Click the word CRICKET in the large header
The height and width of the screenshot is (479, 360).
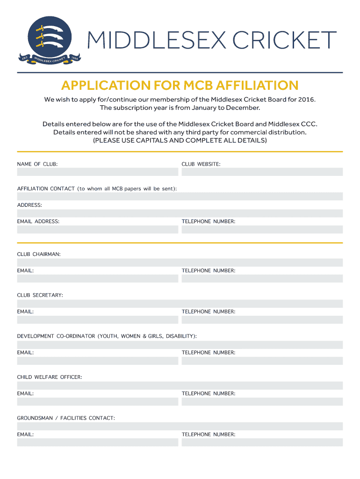click(x=285, y=40)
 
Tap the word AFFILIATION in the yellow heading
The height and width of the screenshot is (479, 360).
click(x=253, y=86)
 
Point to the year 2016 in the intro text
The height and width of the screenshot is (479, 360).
click(x=306, y=100)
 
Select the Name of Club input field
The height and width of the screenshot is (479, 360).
click(x=98, y=172)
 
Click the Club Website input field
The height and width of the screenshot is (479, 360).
click(x=262, y=172)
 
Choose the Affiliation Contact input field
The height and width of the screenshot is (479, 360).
click(x=180, y=197)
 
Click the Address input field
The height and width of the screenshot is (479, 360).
click(x=180, y=213)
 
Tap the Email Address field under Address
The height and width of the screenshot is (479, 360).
click(x=98, y=230)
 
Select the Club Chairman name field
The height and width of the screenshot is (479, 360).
click(x=180, y=262)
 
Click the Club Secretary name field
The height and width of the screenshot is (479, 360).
click(x=180, y=304)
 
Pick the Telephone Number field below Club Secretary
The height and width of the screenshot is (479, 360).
click(x=262, y=320)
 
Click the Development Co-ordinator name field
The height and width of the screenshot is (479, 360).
click(x=180, y=345)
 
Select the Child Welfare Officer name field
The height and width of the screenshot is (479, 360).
click(x=180, y=385)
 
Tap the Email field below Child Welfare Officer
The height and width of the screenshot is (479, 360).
click(x=98, y=402)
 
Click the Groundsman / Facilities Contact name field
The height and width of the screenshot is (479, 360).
click(x=180, y=426)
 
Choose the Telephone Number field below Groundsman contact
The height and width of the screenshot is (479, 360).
click(x=262, y=443)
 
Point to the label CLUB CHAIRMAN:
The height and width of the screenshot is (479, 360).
click(x=39, y=254)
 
